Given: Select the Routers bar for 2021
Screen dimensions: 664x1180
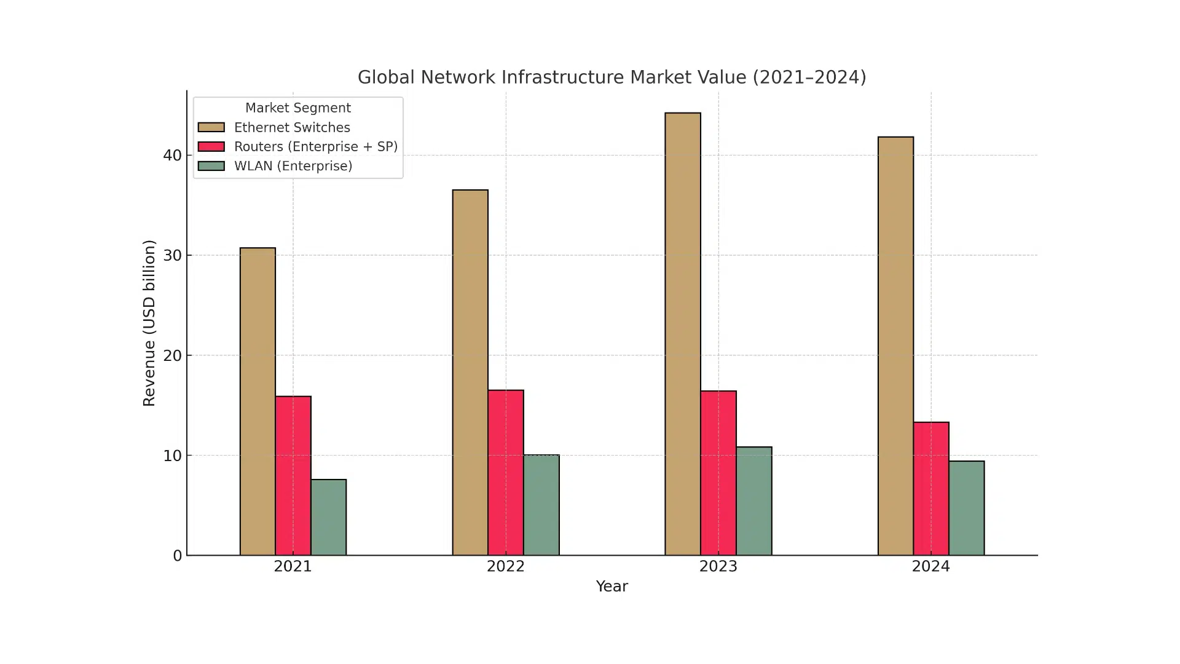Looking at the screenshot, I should click(293, 476).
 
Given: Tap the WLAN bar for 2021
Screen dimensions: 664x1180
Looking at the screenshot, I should click(329, 517).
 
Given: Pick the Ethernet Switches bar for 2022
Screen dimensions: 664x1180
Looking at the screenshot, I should click(470, 373).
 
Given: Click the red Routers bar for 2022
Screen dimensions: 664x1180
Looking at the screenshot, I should click(506, 473).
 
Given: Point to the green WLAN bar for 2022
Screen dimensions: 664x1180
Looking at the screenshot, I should click(541, 505).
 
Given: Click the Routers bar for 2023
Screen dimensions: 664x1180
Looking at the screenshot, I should click(718, 473).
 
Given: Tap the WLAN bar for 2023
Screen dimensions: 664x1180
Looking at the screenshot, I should click(754, 501).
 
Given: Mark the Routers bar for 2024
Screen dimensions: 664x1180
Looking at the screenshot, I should click(931, 489).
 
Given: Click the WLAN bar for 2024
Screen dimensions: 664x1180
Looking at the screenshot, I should click(967, 508).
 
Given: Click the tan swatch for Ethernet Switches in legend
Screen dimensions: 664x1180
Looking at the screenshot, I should click(211, 127).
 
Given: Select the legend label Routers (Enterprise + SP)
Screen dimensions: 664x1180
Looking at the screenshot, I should click(316, 147).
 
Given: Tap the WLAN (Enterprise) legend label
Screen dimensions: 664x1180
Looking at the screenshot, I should click(293, 166).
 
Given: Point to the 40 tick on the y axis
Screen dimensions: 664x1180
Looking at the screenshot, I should click(173, 156).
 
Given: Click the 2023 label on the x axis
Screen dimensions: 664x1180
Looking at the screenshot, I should click(718, 566).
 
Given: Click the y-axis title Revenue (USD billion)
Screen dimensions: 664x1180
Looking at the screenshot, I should click(149, 323).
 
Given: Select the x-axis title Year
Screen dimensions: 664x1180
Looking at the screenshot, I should click(612, 587).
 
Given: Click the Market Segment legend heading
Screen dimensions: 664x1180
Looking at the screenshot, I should click(298, 108).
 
